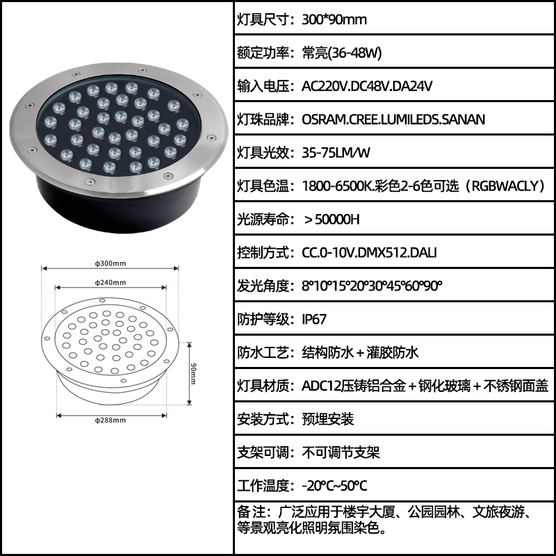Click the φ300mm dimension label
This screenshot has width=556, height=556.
tap(111, 263)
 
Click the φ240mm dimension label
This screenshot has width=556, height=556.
tap(111, 283)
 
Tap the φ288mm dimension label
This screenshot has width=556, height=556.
tap(111, 420)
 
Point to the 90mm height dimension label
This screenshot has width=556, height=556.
tap(193, 373)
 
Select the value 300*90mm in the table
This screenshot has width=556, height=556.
tap(334, 19)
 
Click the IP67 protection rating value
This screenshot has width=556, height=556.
tap(314, 319)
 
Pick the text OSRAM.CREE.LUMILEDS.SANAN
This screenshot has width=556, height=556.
tap(393, 120)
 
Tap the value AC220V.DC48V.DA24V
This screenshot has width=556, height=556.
tap(367, 86)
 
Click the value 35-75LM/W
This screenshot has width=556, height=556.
tap(336, 153)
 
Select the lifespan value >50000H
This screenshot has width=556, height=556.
tap(332, 220)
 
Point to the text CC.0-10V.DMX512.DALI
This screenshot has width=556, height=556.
tap(369, 252)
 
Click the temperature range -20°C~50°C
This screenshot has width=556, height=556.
tap(335, 486)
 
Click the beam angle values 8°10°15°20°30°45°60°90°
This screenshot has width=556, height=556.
tap(373, 286)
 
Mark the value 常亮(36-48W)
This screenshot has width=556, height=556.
tap(342, 53)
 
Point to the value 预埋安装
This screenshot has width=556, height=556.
tap(328, 419)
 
